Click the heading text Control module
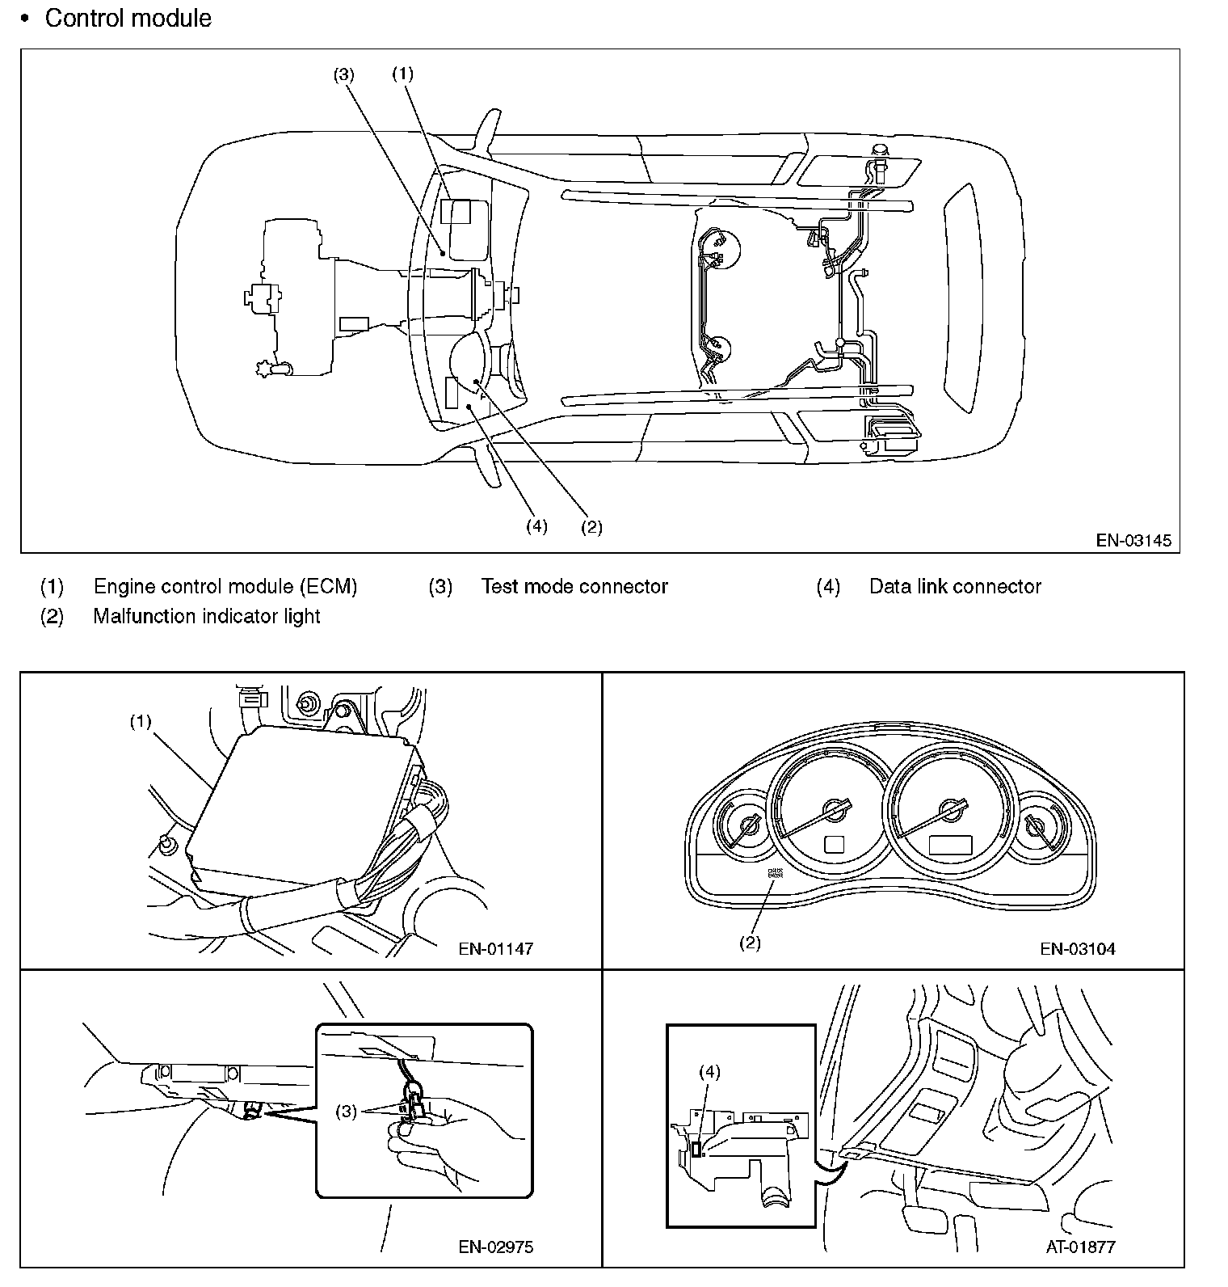pos(128,18)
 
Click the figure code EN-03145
pos(1133,540)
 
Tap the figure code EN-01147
pos(495,948)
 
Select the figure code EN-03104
pos(1077,948)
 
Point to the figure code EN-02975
pos(495,1247)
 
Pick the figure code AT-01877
pos(1080,1247)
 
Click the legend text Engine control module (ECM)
pos(225,586)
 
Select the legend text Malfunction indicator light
pos(207,616)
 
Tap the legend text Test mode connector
pos(574,586)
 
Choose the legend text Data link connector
pos(955,586)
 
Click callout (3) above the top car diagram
pos(343,74)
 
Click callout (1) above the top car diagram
pos(402,74)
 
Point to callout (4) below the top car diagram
pos(536,526)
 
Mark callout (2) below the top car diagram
pos(591,527)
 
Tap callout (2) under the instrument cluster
pos(750,943)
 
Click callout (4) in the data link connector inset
pos(709,1072)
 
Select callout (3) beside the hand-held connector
pos(346,1112)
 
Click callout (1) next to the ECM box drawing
pos(141,722)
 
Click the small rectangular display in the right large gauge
pos(949,845)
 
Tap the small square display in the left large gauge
pos(834,844)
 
